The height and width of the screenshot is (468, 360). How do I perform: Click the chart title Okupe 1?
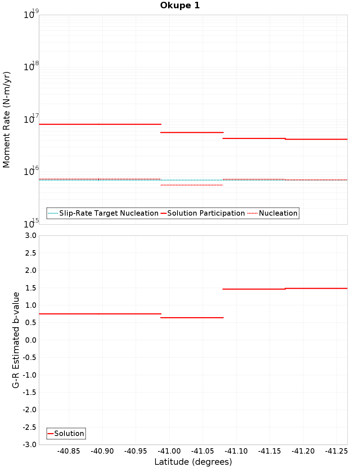180,5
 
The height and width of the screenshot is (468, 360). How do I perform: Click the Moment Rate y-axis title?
6,120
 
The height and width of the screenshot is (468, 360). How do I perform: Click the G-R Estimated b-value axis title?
16,340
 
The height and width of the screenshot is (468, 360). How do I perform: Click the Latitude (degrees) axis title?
193,462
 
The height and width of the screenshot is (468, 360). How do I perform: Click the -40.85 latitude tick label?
69,451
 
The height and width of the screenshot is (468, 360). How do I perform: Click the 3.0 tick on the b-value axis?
30,235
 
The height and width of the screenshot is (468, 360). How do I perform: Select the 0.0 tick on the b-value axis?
30,340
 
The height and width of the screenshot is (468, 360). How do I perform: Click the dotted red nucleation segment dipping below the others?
192,185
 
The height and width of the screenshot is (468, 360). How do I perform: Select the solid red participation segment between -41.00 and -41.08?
192,132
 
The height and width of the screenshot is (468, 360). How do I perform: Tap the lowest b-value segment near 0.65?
192,318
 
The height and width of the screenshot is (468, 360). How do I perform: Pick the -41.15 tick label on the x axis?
270,451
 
